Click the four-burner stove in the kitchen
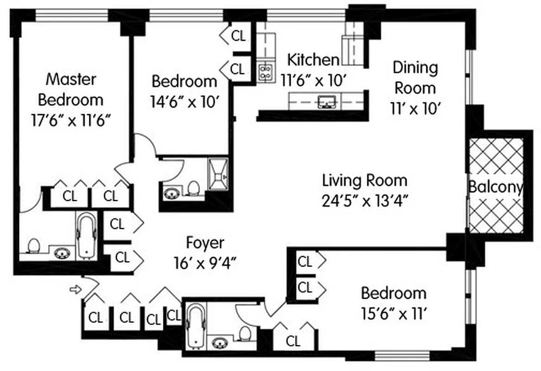pyautogui.click(x=266, y=72)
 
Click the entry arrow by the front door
pyautogui.click(x=74, y=290)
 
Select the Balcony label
pyautogui.click(x=496, y=187)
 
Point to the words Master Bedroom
pyautogui.click(x=71, y=89)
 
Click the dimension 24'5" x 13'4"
pyautogui.click(x=365, y=200)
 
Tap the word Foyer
pyautogui.click(x=205, y=243)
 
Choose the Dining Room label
pyautogui.click(x=414, y=77)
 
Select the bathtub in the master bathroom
pyautogui.click(x=87, y=236)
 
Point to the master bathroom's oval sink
pyautogui.click(x=61, y=253)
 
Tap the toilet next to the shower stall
pyautogui.click(x=193, y=188)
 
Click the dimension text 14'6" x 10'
pyautogui.click(x=184, y=101)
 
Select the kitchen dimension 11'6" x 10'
pyautogui.click(x=314, y=80)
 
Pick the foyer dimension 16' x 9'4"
pyautogui.click(x=205, y=262)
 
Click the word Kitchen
pyautogui.click(x=313, y=60)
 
